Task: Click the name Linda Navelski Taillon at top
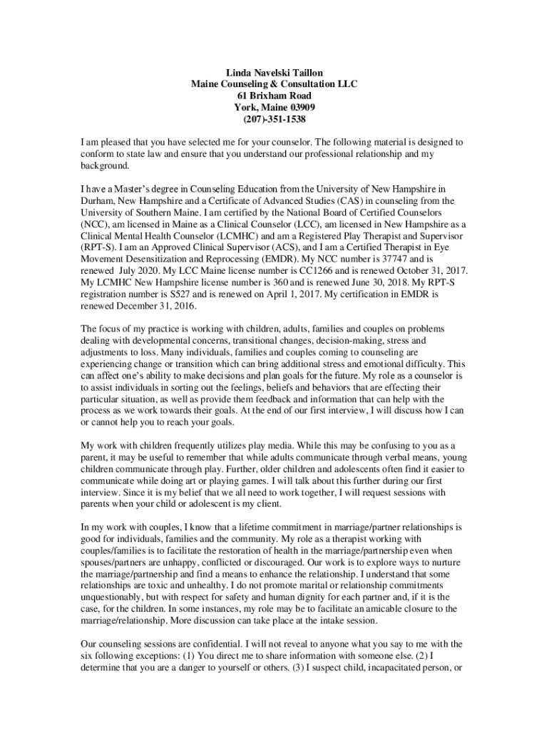274,73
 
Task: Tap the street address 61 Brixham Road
274,96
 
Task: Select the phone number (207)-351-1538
274,119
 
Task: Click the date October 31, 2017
422,271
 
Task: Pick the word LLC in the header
346,84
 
